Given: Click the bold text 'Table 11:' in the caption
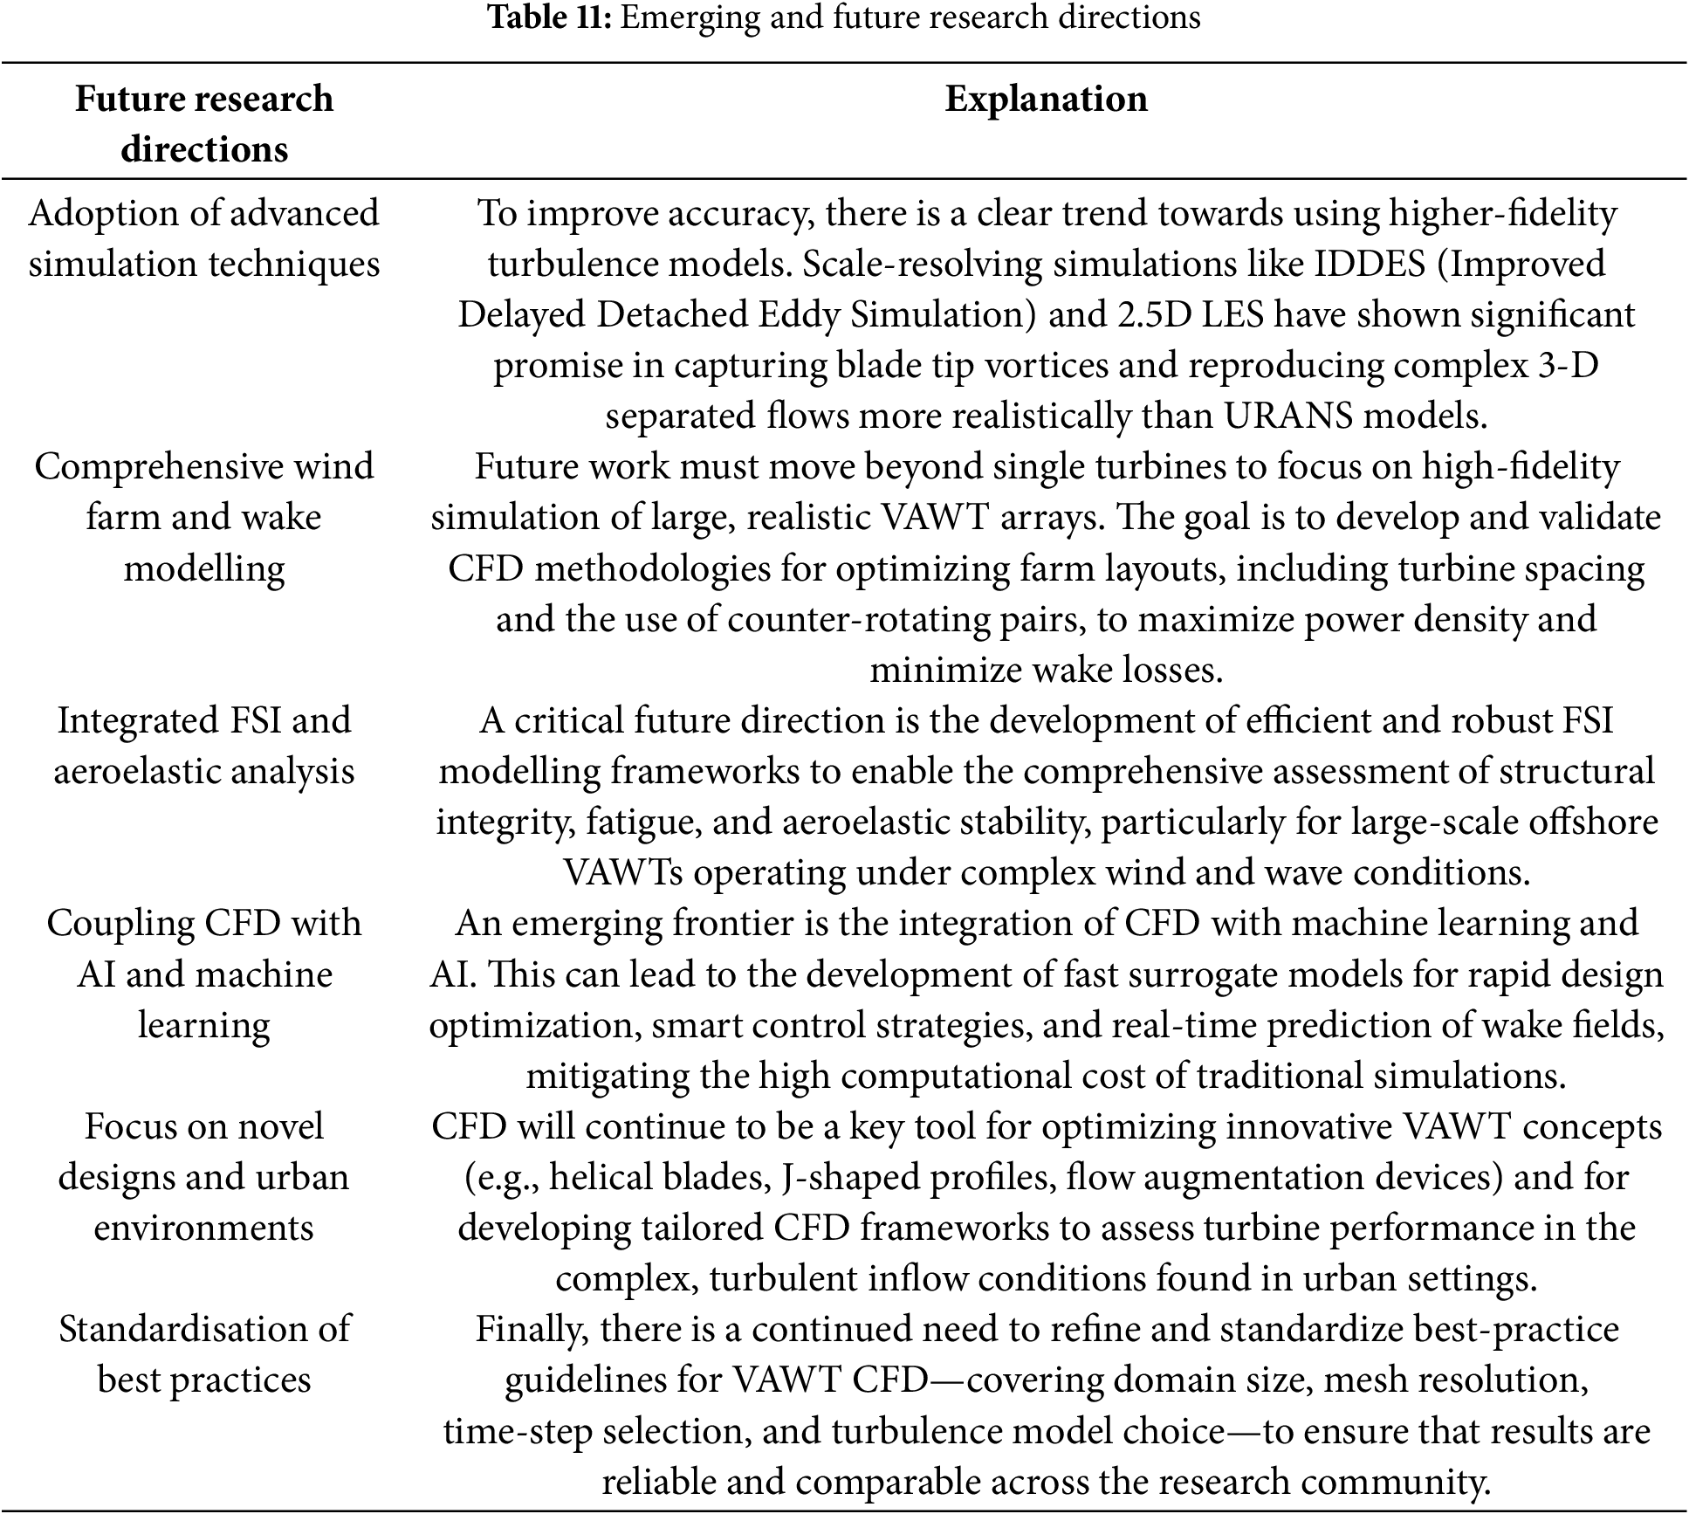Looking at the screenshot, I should coord(550,17).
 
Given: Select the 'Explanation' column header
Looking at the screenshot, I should coord(1046,99).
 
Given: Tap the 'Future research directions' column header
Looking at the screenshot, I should coord(204,123).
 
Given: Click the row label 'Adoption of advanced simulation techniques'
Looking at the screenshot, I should coord(204,238).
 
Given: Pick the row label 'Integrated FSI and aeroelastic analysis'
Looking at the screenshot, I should coord(204,746).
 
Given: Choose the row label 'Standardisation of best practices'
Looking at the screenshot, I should coord(204,1354).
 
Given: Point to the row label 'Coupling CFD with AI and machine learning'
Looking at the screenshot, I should coord(204,974).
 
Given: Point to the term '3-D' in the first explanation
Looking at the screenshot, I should coord(1569,365).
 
